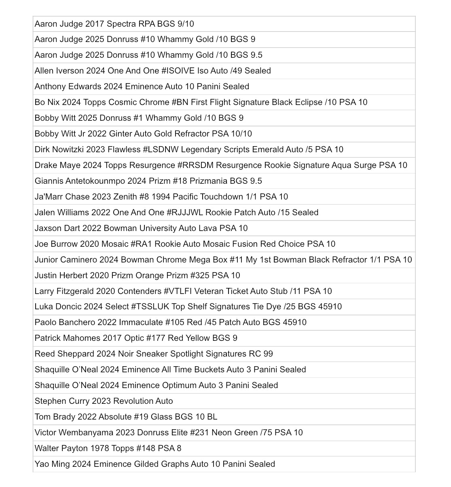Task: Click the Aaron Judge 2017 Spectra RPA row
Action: (114, 24)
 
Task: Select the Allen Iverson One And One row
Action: (152, 71)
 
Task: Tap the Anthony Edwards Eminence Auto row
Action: (142, 86)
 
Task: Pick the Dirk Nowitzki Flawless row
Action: (188, 149)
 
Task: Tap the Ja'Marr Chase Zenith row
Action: (161, 197)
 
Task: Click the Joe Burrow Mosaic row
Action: (185, 244)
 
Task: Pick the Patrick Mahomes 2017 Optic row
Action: (136, 338)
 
